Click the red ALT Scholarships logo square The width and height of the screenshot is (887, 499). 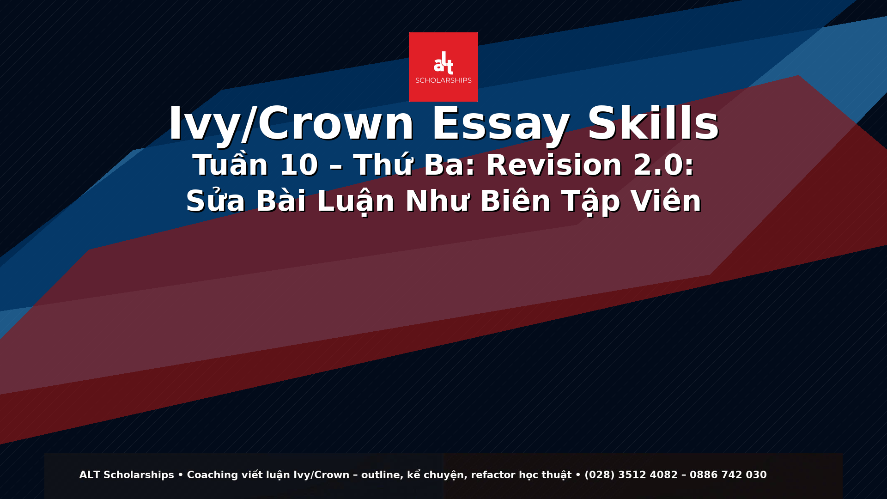click(443, 67)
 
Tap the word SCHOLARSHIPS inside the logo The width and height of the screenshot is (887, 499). click(443, 80)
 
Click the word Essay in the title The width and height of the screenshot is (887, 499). click(500, 124)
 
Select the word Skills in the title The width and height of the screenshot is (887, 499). click(653, 124)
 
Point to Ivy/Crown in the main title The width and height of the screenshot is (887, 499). click(291, 124)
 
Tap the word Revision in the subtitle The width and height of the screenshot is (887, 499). click(554, 165)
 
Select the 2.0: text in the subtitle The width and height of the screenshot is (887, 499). click(663, 165)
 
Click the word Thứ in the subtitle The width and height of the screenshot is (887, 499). click(383, 165)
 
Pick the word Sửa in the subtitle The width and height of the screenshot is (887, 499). click(215, 201)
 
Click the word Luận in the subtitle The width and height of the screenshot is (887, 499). click(356, 201)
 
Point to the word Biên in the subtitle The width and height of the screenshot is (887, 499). click(516, 201)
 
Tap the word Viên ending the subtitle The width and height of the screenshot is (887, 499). click(666, 201)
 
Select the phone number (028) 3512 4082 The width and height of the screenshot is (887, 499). click(631, 475)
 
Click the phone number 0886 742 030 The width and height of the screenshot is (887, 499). click(728, 475)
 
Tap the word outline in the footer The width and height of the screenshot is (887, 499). click(380, 475)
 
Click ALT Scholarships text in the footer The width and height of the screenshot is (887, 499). click(127, 475)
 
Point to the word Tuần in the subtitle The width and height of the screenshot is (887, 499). click(230, 165)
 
